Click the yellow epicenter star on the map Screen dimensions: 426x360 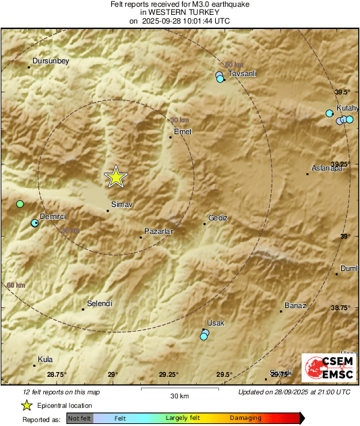(x=116, y=177)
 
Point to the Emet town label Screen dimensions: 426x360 (x=183, y=131)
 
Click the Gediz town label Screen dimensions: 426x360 (x=218, y=218)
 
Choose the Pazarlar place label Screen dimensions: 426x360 (x=160, y=231)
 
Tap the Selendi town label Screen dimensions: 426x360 (x=99, y=303)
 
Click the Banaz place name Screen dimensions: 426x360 (x=295, y=305)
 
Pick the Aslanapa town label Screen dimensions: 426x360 (x=328, y=168)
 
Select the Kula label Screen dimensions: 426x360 (x=45, y=359)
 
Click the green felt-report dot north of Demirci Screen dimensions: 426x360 (x=20, y=204)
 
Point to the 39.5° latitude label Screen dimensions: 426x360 (x=343, y=92)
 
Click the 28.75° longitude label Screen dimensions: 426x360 (x=57, y=374)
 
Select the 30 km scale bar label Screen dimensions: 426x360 (x=179, y=395)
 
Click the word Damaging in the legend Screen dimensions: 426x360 (x=245, y=418)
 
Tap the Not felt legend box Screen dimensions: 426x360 (x=80, y=418)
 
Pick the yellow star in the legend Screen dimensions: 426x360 (x=27, y=405)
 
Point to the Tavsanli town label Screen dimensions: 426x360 (x=243, y=73)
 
